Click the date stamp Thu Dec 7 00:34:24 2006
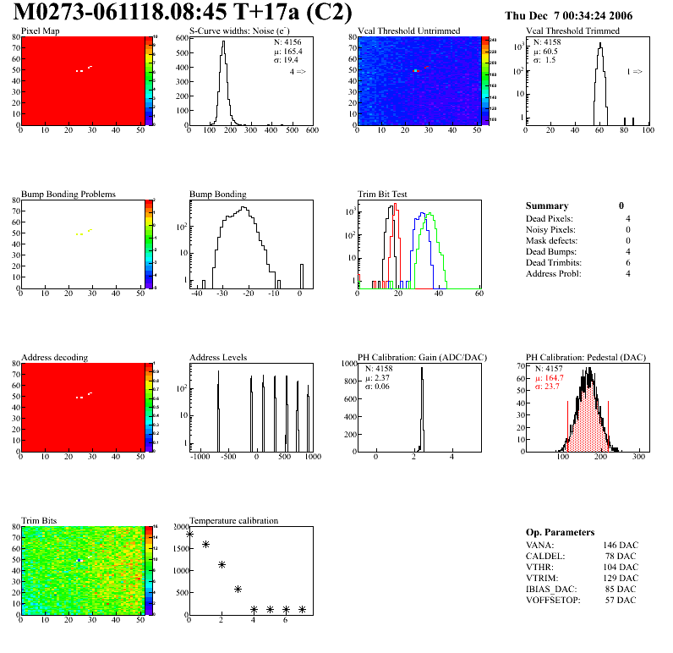pos(568,16)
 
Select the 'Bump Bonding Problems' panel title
pos(68,194)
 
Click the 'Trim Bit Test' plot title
pos(383,194)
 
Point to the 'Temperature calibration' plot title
pos(234,520)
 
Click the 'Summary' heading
pos(547,206)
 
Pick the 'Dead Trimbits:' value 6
pos(627,262)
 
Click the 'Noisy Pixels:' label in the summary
pos(550,229)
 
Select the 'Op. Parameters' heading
pos(560,532)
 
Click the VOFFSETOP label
pos(553,600)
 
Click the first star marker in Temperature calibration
pos(189,534)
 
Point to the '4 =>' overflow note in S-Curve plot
pos(298,72)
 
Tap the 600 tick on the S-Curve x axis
pos(311,130)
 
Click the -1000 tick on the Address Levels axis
pos(200,457)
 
